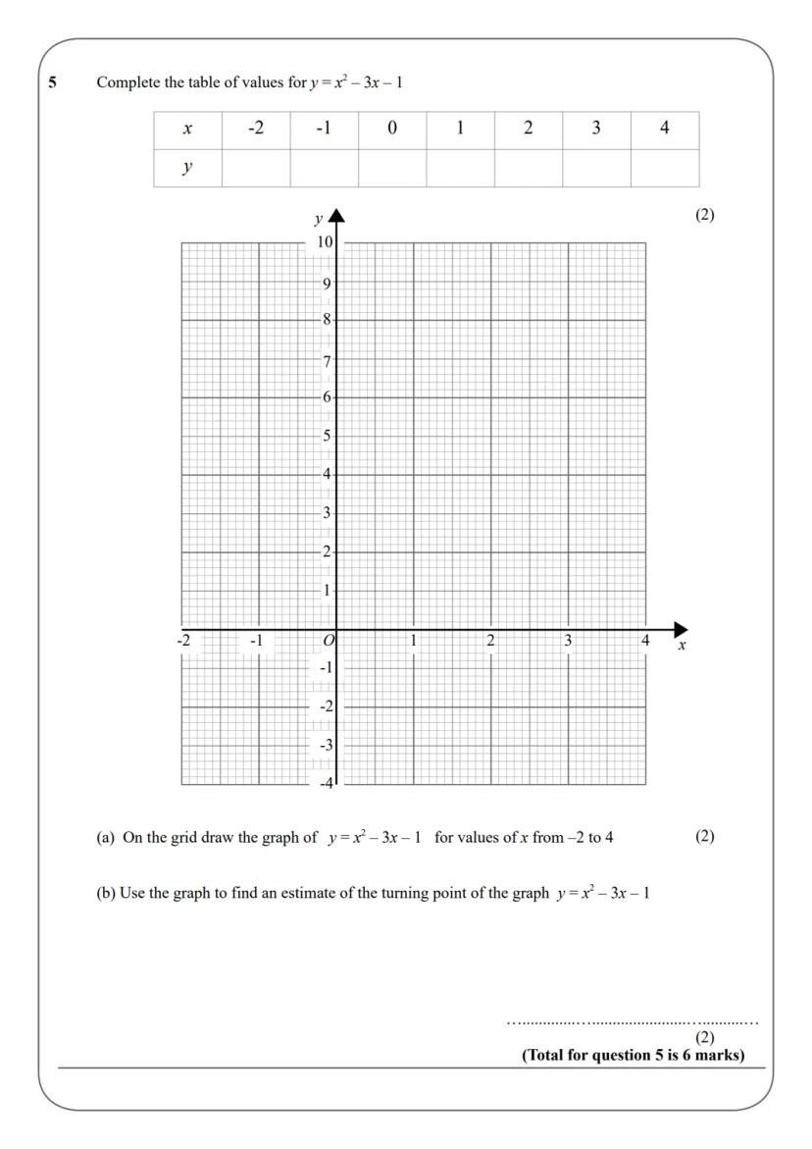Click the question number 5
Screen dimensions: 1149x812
[53, 81]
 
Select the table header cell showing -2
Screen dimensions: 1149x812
[256, 130]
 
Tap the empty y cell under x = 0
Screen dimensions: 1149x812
[392, 168]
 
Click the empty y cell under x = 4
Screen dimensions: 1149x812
[665, 168]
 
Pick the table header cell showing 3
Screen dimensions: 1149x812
[596, 130]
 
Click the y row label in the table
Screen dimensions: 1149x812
[187, 168]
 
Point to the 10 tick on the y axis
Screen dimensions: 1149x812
[325, 242]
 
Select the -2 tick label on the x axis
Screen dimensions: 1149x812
[183, 641]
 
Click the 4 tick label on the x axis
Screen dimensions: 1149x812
[645, 641]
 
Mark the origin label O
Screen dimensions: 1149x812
[329, 641]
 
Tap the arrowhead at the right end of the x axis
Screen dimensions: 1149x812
[681, 630]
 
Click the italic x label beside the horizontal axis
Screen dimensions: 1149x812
[682, 647]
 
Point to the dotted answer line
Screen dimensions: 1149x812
[633, 1023]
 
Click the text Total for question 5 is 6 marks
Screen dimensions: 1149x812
[634, 1056]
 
